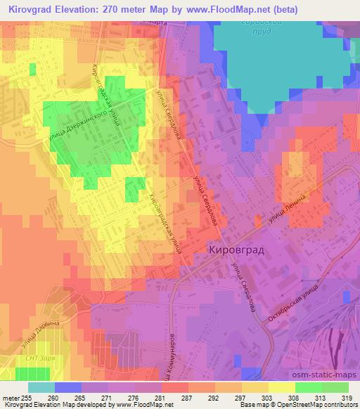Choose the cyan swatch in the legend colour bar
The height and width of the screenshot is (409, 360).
[x=41, y=387]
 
